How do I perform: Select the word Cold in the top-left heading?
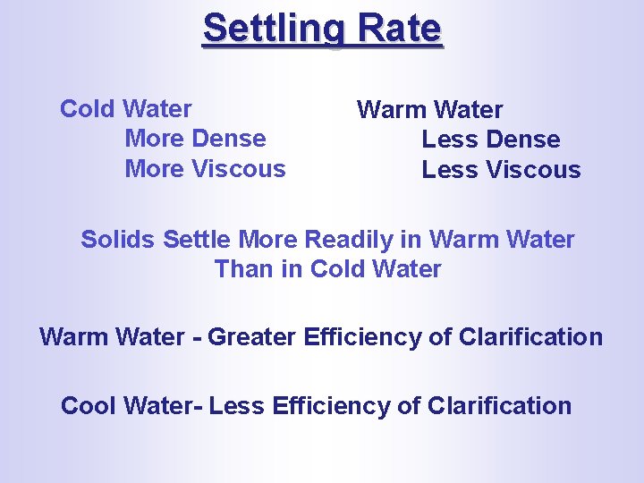coord(88,109)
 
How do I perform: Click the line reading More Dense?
coord(195,139)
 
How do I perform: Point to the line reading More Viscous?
coord(205,168)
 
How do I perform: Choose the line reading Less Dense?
coord(490,140)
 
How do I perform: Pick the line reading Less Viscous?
coord(501,170)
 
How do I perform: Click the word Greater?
coord(257,337)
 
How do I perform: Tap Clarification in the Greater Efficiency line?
coord(530,337)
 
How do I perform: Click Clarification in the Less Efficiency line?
coord(499,405)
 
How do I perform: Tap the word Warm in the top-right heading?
coord(390,110)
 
